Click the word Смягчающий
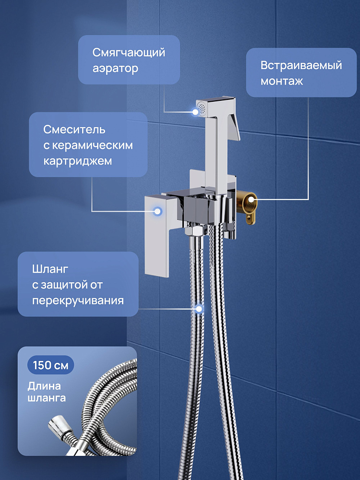(x=129, y=53)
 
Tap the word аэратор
(x=115, y=69)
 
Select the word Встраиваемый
(x=301, y=65)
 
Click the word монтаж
(x=282, y=81)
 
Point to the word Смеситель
(x=74, y=130)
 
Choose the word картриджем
(x=77, y=161)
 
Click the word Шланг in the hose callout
(x=50, y=269)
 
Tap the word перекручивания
(x=78, y=300)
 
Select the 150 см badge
(x=50, y=365)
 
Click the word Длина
(x=44, y=386)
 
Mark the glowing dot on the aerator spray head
(x=195, y=112)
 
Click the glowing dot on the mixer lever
(x=157, y=211)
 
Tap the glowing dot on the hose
(x=199, y=309)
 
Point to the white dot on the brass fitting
(x=251, y=200)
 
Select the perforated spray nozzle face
(x=201, y=108)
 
